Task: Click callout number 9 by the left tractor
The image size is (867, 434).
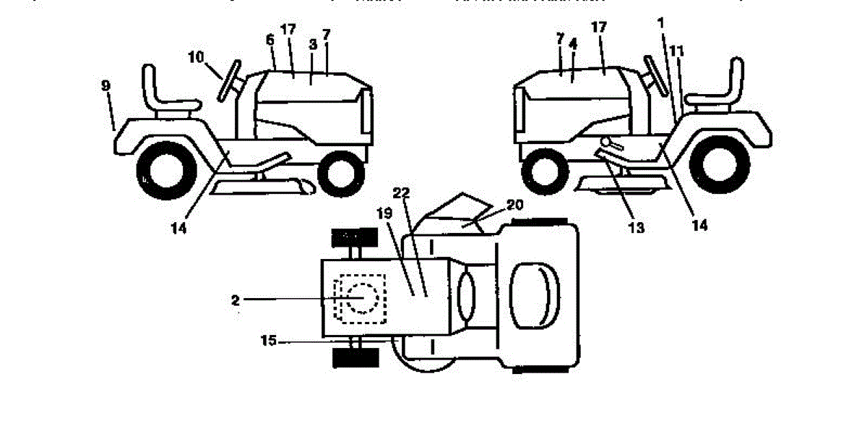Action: click(x=105, y=85)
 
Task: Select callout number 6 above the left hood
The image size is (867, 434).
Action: click(x=269, y=41)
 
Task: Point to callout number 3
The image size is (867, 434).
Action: click(x=312, y=45)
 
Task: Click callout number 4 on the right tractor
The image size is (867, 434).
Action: click(x=573, y=44)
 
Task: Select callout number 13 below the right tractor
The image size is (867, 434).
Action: click(x=637, y=227)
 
